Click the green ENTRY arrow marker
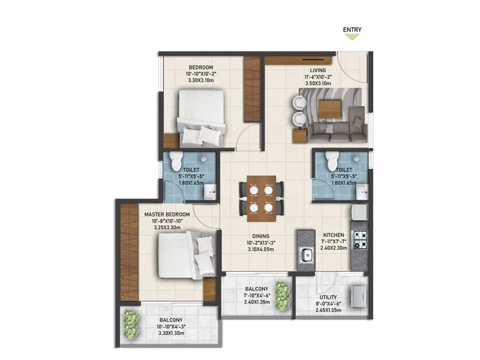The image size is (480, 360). (x=352, y=37)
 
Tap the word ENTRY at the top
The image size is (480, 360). (x=352, y=28)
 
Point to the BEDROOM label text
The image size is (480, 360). (x=202, y=67)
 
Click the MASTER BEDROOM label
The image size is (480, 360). (x=167, y=214)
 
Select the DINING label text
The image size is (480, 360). (x=260, y=236)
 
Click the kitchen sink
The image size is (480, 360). (x=305, y=254)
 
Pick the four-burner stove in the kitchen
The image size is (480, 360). (x=360, y=239)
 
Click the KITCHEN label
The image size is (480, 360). (x=333, y=235)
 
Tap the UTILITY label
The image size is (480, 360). (x=328, y=297)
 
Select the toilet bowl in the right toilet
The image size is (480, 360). (x=331, y=161)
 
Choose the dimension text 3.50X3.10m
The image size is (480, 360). (x=318, y=84)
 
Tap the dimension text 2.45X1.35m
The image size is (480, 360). (x=328, y=311)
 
